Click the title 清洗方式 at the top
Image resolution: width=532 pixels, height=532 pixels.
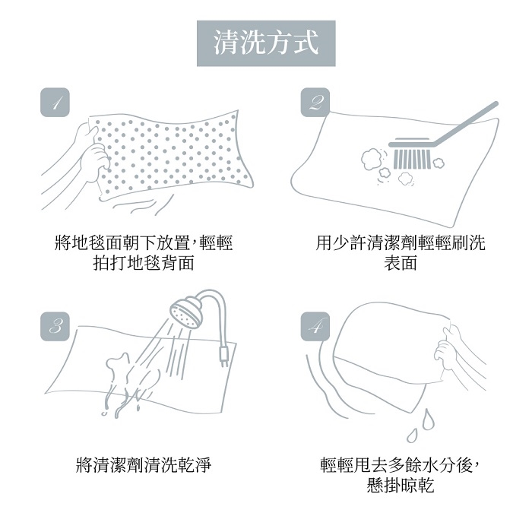[266, 43]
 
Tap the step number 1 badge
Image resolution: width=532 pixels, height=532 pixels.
[55, 103]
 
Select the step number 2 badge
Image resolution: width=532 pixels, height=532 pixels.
[315, 103]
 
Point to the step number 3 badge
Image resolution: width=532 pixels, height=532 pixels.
[55, 326]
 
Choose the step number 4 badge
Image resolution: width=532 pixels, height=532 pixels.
[315, 326]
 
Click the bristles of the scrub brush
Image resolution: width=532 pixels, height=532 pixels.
[412, 159]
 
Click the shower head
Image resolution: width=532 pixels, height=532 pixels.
[186, 312]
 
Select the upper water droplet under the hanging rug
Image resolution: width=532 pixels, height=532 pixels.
[428, 420]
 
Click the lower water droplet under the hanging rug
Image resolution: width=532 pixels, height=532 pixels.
[412, 435]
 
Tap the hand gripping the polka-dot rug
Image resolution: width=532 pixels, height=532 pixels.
[92, 153]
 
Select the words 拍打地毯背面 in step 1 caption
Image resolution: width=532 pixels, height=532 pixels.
[144, 263]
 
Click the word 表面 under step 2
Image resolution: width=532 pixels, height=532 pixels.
[401, 263]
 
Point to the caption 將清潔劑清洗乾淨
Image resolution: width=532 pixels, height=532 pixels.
[144, 465]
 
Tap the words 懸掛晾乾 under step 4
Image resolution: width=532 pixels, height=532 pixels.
[401, 485]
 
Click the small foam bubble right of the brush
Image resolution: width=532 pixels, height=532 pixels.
[438, 163]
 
